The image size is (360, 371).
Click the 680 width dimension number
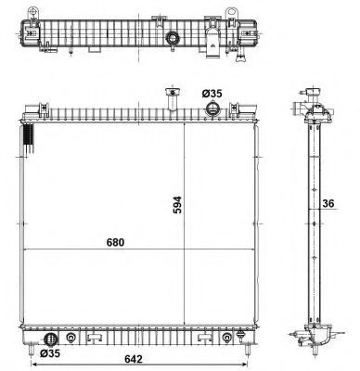[115, 242]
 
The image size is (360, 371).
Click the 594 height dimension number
[177, 205]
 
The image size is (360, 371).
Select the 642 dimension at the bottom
[134, 359]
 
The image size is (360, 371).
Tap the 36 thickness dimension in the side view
[328, 203]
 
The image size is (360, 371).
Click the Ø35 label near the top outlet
[212, 94]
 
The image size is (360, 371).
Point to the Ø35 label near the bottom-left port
[50, 353]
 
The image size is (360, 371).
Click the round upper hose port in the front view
[212, 108]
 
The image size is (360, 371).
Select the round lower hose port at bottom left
[51, 339]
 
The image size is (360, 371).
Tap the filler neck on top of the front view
[172, 98]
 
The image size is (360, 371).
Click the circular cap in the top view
[173, 38]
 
